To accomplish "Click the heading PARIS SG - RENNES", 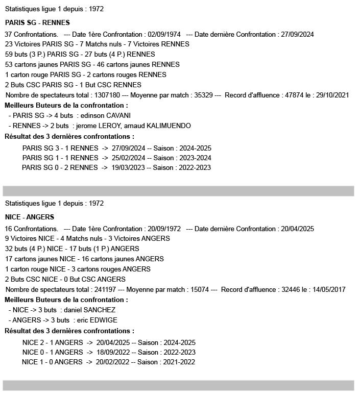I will (x=37, y=23).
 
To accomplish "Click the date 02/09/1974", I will (x=164, y=34).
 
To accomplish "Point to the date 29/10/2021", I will (x=332, y=95).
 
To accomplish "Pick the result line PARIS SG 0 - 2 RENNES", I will (x=60, y=167).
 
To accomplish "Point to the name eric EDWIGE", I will (x=97, y=320).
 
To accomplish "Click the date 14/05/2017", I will (x=328, y=289).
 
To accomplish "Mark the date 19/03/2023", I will (x=128, y=167).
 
